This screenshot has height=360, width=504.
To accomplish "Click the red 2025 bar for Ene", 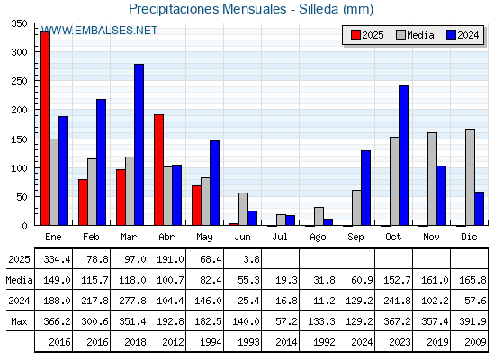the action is point(45,129).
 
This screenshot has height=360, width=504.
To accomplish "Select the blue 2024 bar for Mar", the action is point(139,145).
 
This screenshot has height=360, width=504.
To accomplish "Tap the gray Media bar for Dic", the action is point(470,177).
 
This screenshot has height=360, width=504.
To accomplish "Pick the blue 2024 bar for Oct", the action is point(404,156).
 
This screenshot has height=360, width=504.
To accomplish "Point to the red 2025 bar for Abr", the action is point(158,170).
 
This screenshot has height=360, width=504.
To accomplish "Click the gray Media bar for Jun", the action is point(243,209).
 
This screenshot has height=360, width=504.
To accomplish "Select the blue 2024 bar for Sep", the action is point(365,188).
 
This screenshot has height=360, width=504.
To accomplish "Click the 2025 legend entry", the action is point(367,35).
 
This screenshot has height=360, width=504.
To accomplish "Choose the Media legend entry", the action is point(415,35).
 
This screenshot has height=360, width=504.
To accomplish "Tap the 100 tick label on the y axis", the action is point(19,167).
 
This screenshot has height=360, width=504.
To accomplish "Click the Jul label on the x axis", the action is point(280,237).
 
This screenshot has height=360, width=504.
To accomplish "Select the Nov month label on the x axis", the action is point(431,237).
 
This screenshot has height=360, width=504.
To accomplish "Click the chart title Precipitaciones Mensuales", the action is point(207,9).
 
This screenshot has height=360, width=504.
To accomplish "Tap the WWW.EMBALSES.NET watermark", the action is point(99,31).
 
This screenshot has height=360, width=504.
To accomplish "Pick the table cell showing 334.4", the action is point(57,259).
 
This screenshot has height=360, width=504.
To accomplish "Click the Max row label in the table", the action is point(19,321).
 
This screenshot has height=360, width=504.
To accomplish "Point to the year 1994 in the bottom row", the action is point(211,342).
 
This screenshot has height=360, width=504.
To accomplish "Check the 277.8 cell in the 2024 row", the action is point(132,301).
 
